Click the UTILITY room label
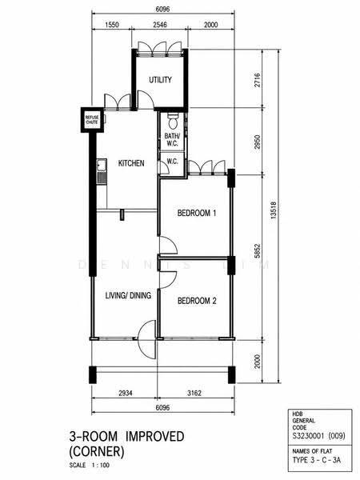tap(160, 80)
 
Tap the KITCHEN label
tap(131, 163)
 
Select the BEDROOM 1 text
tap(197, 213)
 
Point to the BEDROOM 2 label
tap(197, 301)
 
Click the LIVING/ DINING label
tap(128, 295)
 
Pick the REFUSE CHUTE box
tap(92, 120)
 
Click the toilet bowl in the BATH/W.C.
tap(173, 122)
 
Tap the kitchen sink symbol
tap(102, 171)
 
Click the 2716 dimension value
tap(257, 80)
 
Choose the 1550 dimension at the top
tap(112, 25)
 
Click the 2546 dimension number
tap(160, 25)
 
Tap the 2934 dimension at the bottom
tap(126, 393)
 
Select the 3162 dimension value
tap(194, 393)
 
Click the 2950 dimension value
tap(257, 142)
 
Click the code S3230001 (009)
tap(319, 436)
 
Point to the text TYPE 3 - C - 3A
tap(317, 460)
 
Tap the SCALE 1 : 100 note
tap(90, 466)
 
